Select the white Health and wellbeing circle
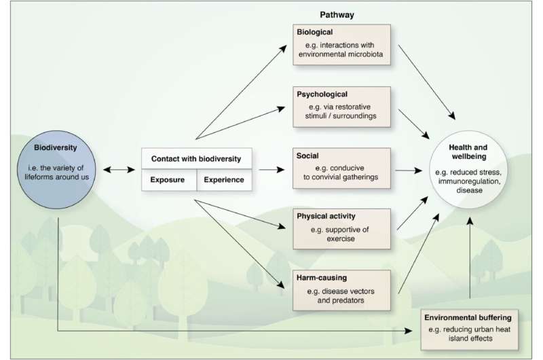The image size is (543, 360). click(468, 169)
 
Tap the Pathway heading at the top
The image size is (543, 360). click(338, 13)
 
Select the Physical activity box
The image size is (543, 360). click(342, 230)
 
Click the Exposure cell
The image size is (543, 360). click(168, 181)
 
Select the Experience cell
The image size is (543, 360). click(224, 181)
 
